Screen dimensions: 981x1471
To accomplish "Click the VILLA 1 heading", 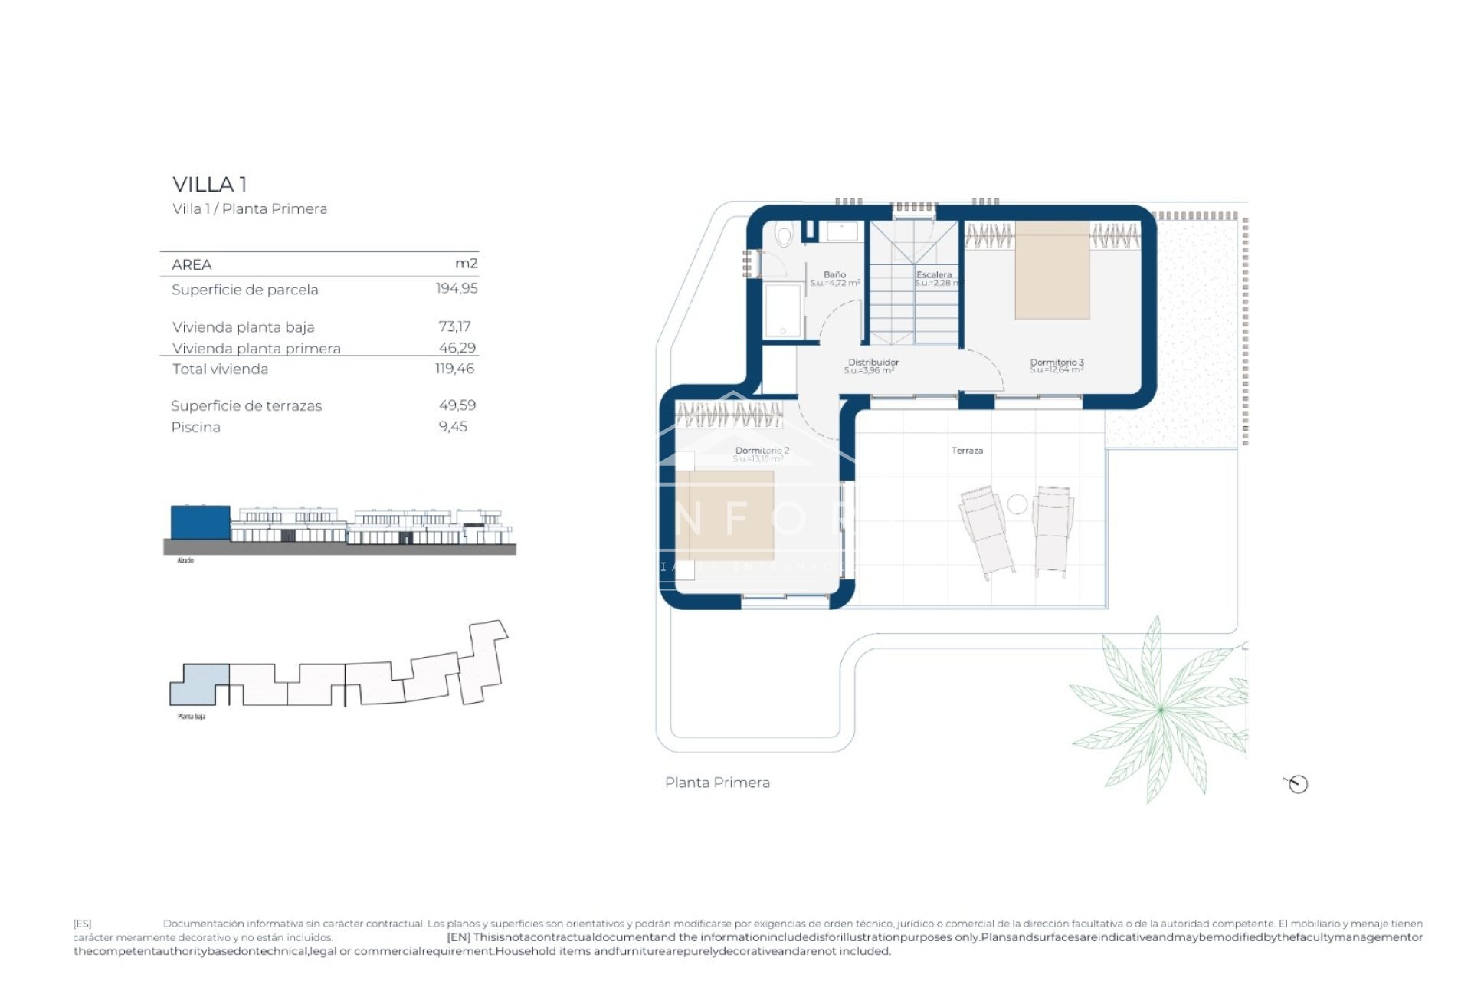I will tap(209, 185).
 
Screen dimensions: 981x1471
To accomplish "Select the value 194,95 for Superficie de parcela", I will tap(457, 288).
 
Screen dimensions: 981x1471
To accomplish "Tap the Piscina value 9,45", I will tap(453, 427).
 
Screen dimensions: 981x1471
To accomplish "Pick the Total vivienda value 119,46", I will tap(454, 369).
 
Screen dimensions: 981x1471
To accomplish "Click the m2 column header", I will tap(466, 264).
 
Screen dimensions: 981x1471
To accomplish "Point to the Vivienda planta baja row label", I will tap(243, 327).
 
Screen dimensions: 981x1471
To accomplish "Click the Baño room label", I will tap(834, 274).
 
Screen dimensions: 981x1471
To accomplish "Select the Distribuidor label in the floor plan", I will tap(873, 363).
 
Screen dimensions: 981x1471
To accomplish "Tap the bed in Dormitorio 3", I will tap(1052, 271).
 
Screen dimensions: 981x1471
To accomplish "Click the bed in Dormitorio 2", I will tap(724, 515).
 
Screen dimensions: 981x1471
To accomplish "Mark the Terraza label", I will tap(967, 451).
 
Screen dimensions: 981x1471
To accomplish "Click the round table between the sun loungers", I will tap(1017, 504).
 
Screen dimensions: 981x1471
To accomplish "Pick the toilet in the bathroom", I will tap(783, 235).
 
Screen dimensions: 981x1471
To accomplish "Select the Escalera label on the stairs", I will tap(933, 274).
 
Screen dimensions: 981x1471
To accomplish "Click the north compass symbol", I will tap(1297, 784).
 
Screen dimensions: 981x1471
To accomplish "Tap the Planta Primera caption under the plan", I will tap(717, 783).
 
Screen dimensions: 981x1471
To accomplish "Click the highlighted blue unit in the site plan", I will tap(198, 684).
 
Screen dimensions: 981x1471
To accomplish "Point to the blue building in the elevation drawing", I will tap(200, 522).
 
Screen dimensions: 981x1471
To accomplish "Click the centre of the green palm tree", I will tap(1160, 710).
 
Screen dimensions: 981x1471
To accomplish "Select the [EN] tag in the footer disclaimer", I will tap(458, 937).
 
